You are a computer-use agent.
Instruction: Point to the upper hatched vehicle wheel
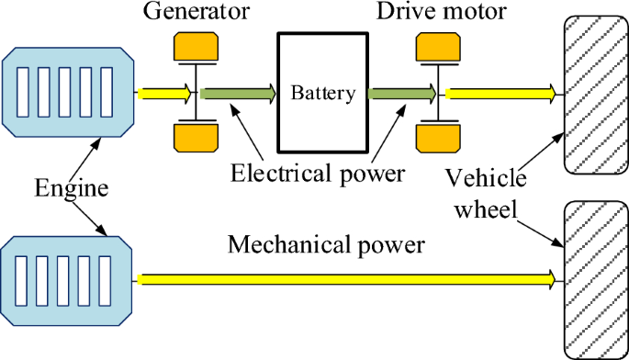pyautogui.click(x=594, y=92)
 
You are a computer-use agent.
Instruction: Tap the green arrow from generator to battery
pyautogui.click(x=238, y=92)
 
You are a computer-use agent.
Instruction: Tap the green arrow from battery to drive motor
pyautogui.click(x=401, y=92)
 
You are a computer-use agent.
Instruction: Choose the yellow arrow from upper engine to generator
pyautogui.click(x=164, y=92)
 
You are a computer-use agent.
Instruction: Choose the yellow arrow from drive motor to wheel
pyautogui.click(x=501, y=92)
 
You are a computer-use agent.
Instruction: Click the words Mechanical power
pyautogui.click(x=326, y=245)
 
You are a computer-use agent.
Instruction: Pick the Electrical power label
pyautogui.click(x=318, y=172)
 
